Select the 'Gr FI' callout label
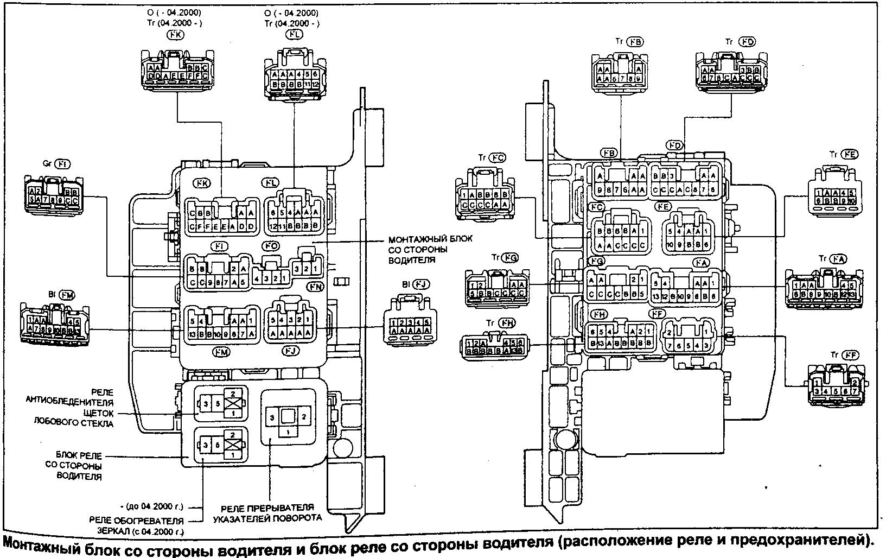56,163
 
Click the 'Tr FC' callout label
492,158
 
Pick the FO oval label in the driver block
271,246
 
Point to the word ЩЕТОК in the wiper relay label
99,413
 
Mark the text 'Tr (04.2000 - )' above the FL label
292,23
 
